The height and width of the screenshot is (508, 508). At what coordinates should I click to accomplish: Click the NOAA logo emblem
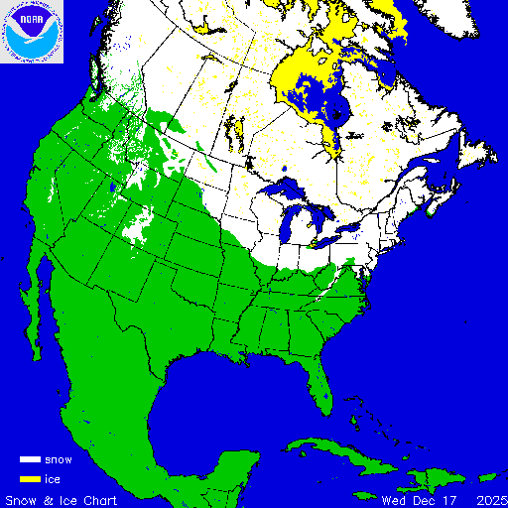[x=32, y=32]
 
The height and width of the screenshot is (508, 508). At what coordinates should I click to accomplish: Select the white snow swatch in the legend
[x=31, y=460]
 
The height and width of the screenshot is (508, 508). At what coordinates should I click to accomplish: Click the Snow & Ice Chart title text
[x=62, y=498]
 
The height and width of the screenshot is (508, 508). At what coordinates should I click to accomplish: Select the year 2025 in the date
[x=490, y=498]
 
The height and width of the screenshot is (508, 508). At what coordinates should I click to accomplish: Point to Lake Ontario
[x=347, y=231]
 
